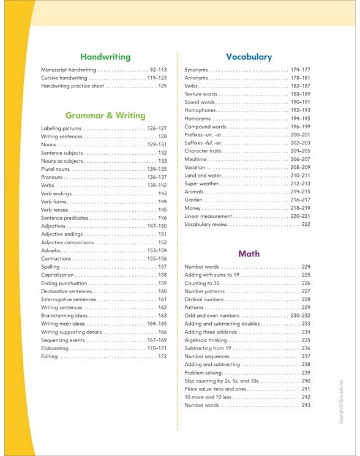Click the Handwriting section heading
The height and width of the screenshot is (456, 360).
click(x=105, y=57)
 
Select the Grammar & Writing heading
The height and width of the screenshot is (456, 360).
click(x=105, y=115)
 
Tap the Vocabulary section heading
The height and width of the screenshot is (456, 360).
click(x=249, y=57)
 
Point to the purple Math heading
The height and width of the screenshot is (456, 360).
click(x=249, y=253)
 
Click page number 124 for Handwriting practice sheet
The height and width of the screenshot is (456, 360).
click(x=162, y=86)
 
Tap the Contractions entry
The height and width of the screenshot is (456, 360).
click(x=56, y=259)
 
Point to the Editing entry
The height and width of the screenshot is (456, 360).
click(x=49, y=356)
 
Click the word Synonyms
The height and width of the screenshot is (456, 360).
click(x=196, y=70)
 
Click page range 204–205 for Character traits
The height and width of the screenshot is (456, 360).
click(x=300, y=151)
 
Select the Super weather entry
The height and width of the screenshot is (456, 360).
click(x=202, y=184)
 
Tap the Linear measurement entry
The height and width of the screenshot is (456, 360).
click(x=208, y=216)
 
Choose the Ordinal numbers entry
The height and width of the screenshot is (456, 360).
click(x=204, y=299)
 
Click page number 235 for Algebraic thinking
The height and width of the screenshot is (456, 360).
click(x=306, y=340)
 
